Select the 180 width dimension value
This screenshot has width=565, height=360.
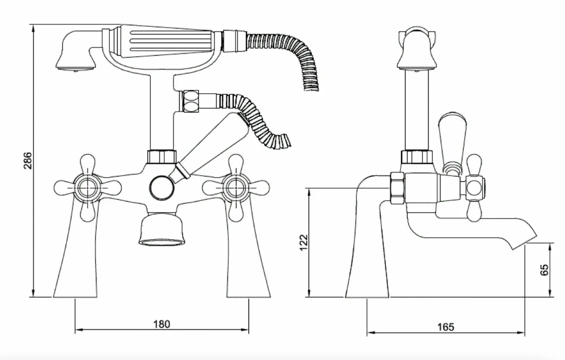(x=161, y=324)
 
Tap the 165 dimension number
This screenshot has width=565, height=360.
(x=445, y=327)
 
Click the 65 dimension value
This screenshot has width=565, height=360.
(x=545, y=270)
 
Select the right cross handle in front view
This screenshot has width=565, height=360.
(x=234, y=188)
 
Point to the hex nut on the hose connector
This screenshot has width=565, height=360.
(x=191, y=101)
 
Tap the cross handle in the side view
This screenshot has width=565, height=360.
(x=475, y=188)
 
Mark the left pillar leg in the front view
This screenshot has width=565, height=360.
(x=76, y=264)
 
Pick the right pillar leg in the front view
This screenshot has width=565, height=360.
(x=249, y=264)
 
